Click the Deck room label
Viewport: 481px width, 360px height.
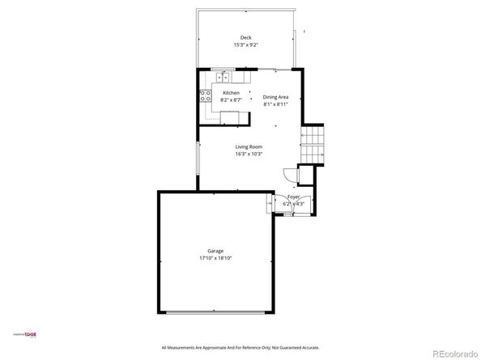245,37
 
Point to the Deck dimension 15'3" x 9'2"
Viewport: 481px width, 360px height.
245,45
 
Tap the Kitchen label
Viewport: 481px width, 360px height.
231,93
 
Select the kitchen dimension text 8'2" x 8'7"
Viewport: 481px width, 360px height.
231,100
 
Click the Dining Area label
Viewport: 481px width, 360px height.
275,97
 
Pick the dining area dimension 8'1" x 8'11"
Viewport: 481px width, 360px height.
275,104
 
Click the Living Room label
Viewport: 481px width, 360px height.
249,146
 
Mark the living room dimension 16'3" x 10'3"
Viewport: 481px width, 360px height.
249,154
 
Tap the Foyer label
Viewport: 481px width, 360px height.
293,197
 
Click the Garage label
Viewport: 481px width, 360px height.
215,251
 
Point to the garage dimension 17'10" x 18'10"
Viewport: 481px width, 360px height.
215,258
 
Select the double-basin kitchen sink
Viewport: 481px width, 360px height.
224,78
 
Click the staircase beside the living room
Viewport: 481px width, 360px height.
313,145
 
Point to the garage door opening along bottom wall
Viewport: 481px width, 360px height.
215,312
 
